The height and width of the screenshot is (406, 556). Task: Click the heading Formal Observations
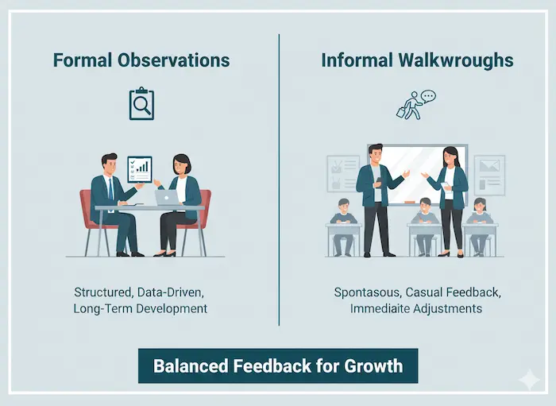click(141, 60)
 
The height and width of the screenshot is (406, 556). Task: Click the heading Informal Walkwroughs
click(416, 60)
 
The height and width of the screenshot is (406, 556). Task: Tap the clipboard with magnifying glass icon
click(141, 103)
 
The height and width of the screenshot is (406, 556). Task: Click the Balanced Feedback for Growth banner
click(278, 366)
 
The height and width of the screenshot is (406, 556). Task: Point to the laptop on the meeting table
click(168, 196)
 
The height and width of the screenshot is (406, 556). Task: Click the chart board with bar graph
click(140, 168)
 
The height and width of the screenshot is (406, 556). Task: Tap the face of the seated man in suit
click(110, 164)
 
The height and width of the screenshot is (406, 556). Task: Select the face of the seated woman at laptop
click(182, 167)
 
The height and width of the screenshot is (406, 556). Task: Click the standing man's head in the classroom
click(376, 153)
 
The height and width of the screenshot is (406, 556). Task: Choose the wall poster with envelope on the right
click(489, 173)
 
